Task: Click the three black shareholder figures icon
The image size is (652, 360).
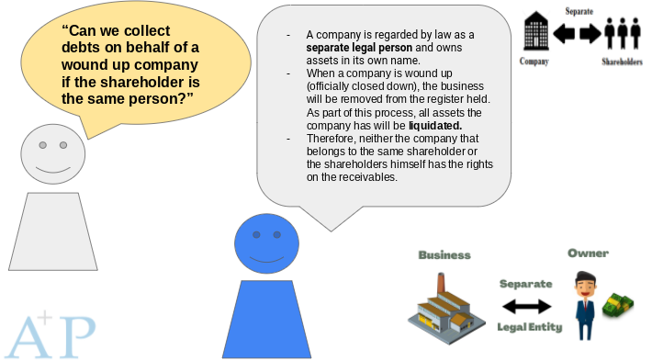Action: click(621, 32)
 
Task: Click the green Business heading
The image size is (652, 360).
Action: click(444, 254)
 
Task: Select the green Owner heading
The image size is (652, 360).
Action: click(588, 253)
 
